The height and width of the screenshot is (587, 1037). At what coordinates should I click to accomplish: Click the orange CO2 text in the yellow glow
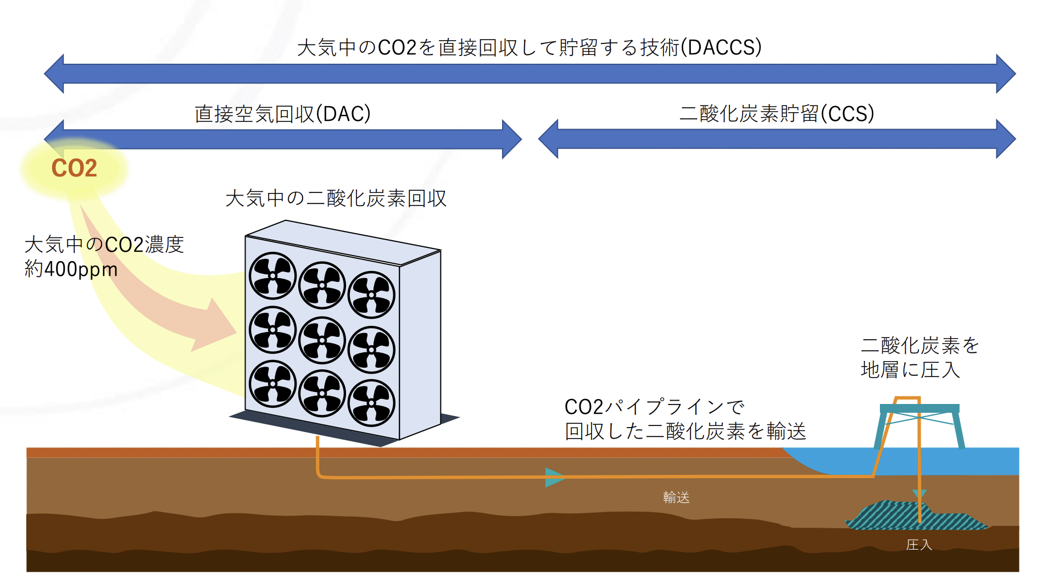tap(74, 168)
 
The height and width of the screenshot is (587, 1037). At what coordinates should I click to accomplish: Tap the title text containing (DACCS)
tap(529, 48)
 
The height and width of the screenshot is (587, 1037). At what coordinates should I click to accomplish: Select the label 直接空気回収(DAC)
tap(282, 114)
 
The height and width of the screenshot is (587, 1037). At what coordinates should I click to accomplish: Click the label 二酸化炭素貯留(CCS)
tap(777, 114)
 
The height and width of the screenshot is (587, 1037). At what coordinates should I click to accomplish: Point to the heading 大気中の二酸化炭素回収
tap(336, 198)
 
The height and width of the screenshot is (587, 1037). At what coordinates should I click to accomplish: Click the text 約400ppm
tap(71, 269)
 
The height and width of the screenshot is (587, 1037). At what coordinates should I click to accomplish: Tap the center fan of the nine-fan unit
tap(322, 340)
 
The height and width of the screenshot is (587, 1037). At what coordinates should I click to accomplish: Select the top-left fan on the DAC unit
tap(273, 275)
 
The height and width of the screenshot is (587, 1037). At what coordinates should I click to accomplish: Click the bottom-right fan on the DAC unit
tap(371, 403)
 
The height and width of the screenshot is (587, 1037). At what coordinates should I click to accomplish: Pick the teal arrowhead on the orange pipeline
tap(554, 477)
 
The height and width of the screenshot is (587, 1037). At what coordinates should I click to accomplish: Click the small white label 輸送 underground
tap(676, 497)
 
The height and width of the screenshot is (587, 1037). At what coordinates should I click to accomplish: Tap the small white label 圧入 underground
tap(919, 545)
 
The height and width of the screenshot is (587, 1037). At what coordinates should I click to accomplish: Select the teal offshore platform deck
tap(919, 408)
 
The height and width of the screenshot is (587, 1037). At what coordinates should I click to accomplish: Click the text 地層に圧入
tap(910, 370)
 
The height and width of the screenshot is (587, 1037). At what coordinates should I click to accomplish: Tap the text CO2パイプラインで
tap(654, 407)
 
